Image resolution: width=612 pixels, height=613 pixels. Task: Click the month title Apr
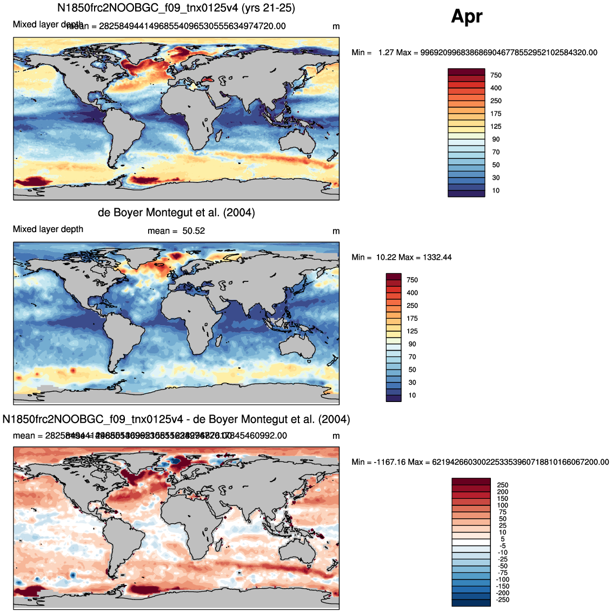[x=467, y=17]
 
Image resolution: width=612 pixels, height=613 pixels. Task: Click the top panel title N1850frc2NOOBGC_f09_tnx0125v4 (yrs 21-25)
[x=176, y=8]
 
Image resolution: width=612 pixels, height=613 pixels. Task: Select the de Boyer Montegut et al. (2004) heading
[x=176, y=213]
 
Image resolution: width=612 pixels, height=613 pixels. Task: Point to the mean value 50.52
[x=193, y=231]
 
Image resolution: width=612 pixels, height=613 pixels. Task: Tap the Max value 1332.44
[x=436, y=257]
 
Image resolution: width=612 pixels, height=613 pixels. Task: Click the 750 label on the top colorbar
[x=496, y=75]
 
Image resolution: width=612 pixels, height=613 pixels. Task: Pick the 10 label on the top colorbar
[x=496, y=190]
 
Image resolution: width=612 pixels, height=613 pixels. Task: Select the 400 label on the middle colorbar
[x=412, y=293]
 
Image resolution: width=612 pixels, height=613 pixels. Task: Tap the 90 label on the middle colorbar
[x=412, y=344]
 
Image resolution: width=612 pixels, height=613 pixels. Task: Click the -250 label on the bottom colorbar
[x=502, y=599]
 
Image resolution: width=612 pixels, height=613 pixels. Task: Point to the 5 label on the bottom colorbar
[x=503, y=539]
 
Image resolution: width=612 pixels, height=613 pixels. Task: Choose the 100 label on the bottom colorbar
[x=503, y=505]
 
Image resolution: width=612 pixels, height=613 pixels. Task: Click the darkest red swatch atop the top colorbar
[x=466, y=72]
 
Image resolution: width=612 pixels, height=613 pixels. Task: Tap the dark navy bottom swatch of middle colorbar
[x=394, y=398]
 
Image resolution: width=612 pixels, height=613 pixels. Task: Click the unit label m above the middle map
[x=336, y=231]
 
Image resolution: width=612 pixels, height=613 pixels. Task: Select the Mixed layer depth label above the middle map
[x=48, y=229]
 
